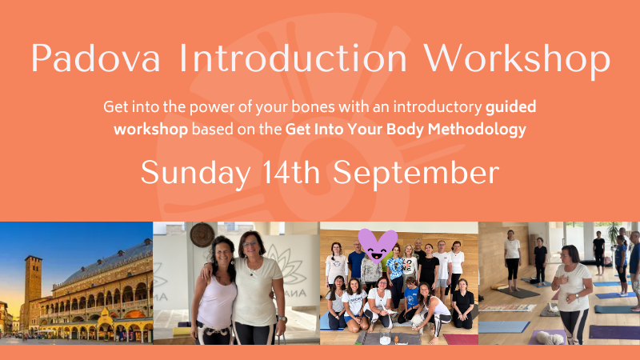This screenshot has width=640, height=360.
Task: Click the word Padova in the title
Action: [x=95, y=58]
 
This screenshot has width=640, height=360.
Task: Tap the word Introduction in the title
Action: [x=293, y=58]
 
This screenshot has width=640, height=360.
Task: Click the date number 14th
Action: [x=291, y=172]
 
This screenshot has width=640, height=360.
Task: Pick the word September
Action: [x=416, y=174]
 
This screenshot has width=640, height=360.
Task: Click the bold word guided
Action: [x=510, y=108]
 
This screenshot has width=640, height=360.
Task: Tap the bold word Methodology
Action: [x=477, y=130]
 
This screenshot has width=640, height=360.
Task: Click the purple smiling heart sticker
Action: [x=378, y=246]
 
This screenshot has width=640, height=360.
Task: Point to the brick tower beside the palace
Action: [x=33, y=292]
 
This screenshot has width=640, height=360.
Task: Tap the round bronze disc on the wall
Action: [x=202, y=234]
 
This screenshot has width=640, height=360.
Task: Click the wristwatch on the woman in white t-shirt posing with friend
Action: [x=282, y=318]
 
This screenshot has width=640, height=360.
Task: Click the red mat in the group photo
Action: [x=460, y=339]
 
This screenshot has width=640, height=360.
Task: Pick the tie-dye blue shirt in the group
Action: [x=394, y=267]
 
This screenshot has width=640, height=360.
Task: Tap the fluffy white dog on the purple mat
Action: [x=549, y=338]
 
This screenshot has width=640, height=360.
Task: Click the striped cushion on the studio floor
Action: [x=507, y=308]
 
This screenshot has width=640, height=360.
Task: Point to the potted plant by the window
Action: [x=613, y=234]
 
